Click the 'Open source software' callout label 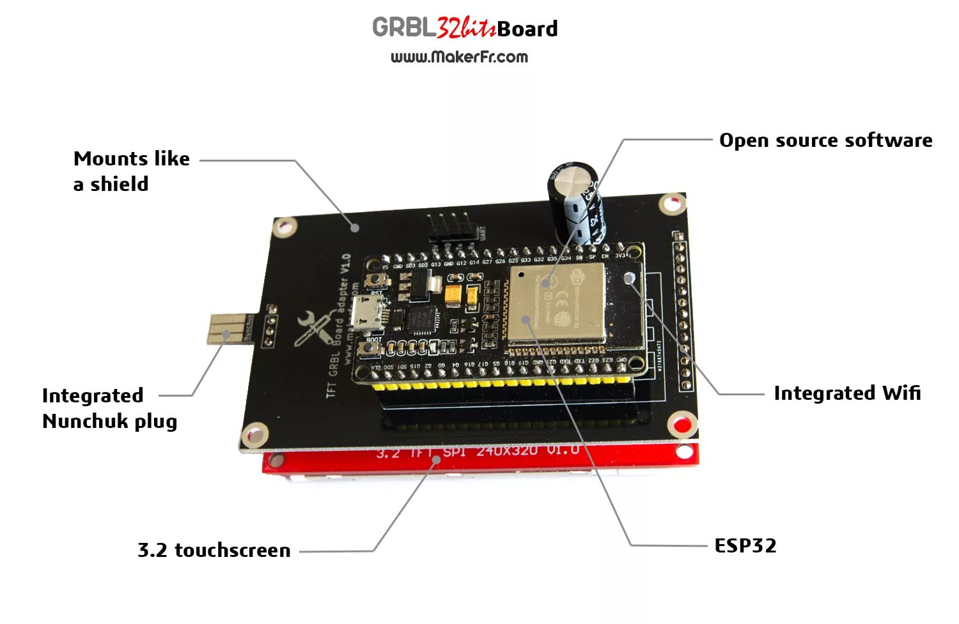pos(825,141)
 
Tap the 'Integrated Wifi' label pos(847,393)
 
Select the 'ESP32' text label pos(745,545)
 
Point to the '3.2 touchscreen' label pos(214,550)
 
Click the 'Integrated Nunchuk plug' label pos(109,408)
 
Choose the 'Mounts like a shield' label pos(131,171)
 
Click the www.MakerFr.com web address pos(459,57)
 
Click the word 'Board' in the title pos(527,29)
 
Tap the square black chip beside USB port pos(421,319)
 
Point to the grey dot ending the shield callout pos(355,227)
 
